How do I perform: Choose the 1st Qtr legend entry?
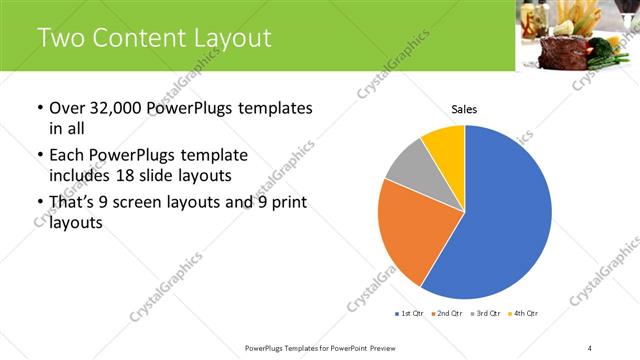point(411,314)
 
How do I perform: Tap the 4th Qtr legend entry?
point(524,314)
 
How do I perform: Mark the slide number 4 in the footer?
point(590,347)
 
